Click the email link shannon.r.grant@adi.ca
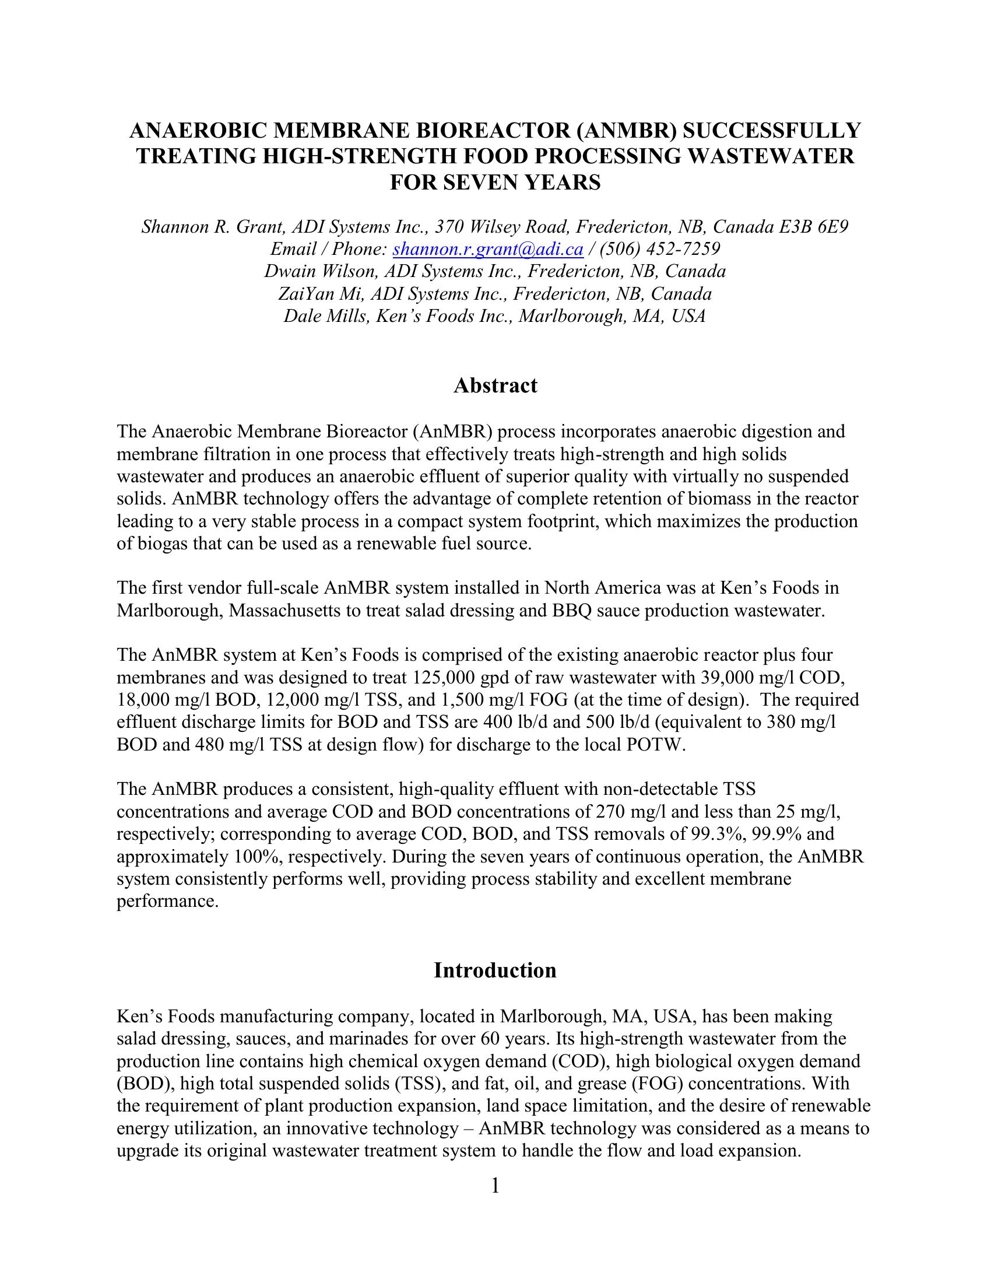click(x=487, y=250)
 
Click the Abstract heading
click(x=495, y=386)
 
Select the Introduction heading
click(x=495, y=970)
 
